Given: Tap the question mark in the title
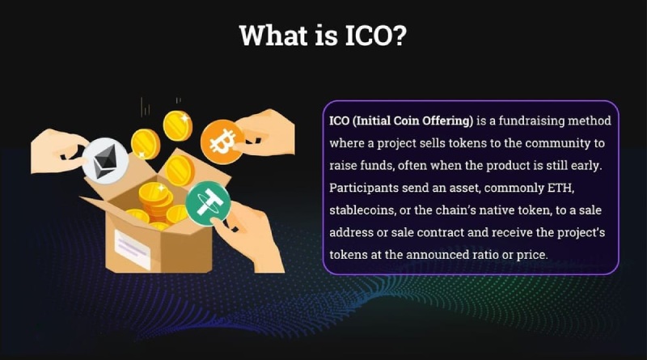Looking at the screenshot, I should coord(398,36).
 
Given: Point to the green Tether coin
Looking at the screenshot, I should coord(208,203).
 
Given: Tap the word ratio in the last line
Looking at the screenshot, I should coord(516,254).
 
